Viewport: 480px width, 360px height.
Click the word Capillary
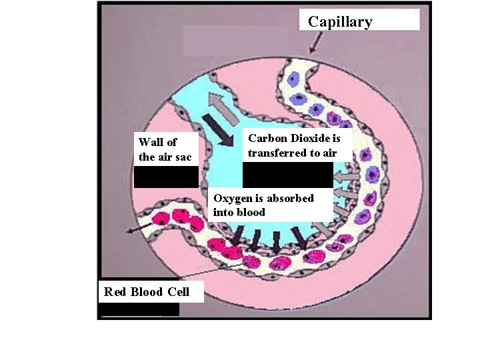340,22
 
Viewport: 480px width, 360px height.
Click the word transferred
277,153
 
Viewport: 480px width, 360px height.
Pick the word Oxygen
232,199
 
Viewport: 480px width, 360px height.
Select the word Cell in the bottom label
177,292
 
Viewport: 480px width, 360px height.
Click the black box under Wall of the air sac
166,177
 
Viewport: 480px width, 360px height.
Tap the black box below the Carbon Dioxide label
287,175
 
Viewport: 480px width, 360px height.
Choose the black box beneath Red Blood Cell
139,309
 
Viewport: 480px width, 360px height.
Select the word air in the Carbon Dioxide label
322,153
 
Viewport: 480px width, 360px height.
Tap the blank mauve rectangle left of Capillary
237,40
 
